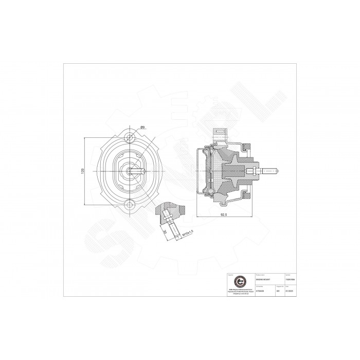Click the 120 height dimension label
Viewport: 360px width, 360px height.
(83, 171)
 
